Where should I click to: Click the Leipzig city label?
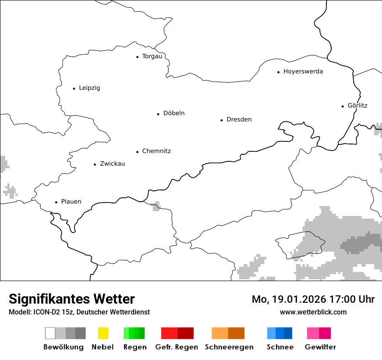pyautogui.click(x=89, y=88)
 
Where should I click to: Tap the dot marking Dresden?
pyautogui.click(x=221, y=120)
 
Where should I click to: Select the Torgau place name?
pyautogui.click(x=152, y=56)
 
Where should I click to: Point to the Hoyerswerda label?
pyautogui.click(x=303, y=72)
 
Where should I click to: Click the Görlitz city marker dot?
pyautogui.click(x=343, y=106)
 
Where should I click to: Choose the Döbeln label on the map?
pyautogui.click(x=174, y=113)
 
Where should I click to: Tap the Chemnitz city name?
pyautogui.click(x=156, y=151)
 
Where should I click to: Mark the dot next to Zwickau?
pyautogui.click(x=95, y=164)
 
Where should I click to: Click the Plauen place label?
pyautogui.click(x=71, y=202)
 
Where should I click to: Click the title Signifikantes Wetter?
pyautogui.click(x=72, y=299)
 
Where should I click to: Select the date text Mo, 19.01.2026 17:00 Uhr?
pyautogui.click(x=313, y=299)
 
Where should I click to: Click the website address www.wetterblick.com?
pyautogui.click(x=313, y=312)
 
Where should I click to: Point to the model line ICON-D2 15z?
pyautogui.click(x=79, y=312)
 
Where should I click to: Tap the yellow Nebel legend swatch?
pyautogui.click(x=103, y=333)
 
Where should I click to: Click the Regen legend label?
pyautogui.click(x=135, y=347)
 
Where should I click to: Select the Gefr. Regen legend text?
pyautogui.click(x=177, y=347)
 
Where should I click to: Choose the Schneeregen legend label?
pyautogui.click(x=229, y=347)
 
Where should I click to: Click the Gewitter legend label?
pyautogui.click(x=320, y=347)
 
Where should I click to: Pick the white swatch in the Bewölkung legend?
pyautogui.click(x=50, y=333)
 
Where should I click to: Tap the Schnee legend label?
pyautogui.click(x=280, y=347)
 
